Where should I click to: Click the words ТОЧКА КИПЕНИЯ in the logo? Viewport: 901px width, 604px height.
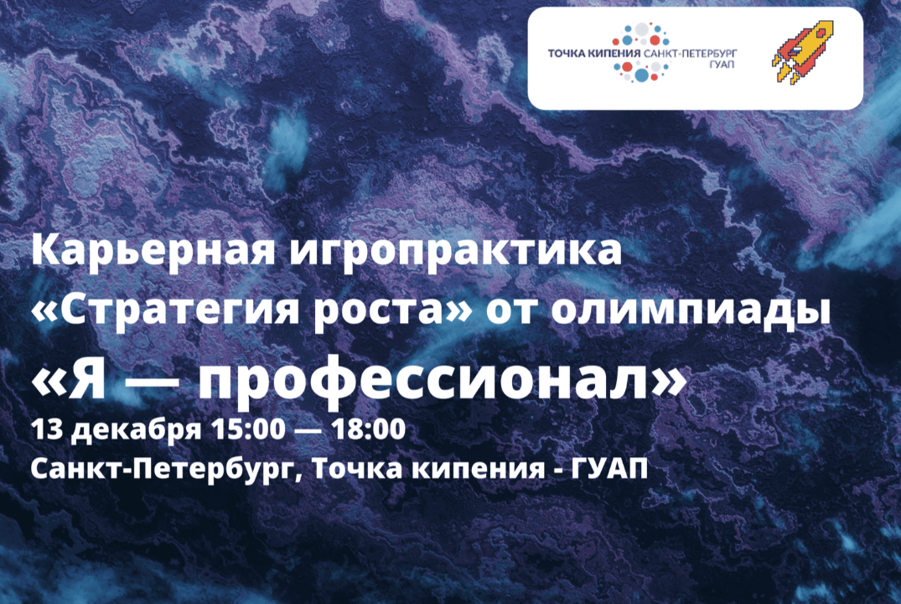(x=593, y=53)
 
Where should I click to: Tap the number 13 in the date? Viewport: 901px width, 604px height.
(x=46, y=430)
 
